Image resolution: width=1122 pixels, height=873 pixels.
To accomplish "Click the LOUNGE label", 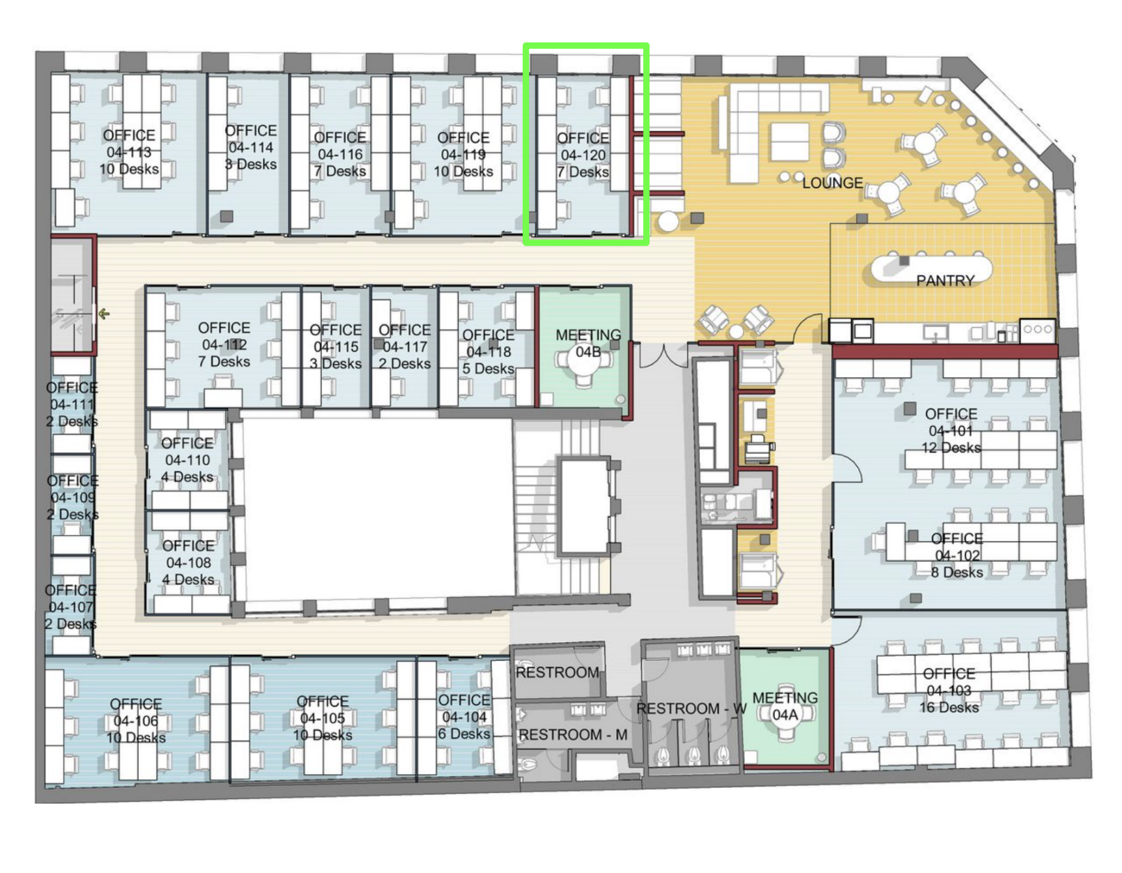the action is [x=831, y=183].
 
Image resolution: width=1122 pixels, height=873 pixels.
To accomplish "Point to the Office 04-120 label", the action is [x=583, y=155].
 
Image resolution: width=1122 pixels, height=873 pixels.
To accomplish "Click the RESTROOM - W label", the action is [x=691, y=708].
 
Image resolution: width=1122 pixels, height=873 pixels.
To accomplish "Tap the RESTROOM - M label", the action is [x=572, y=734].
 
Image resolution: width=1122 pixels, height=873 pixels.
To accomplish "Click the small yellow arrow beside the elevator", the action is [x=104, y=313].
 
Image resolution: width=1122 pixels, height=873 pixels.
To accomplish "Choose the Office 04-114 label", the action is [x=250, y=147].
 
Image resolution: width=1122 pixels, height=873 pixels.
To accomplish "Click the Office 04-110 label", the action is [x=187, y=460].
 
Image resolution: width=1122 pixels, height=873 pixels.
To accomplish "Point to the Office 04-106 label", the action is [x=136, y=720].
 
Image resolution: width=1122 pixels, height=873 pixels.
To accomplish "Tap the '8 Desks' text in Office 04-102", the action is [x=956, y=572].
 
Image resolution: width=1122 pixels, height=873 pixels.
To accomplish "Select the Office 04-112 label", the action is [x=224, y=344].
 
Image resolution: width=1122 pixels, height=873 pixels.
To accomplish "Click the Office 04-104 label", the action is [x=463, y=717].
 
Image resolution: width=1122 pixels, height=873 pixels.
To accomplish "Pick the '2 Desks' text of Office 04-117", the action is [x=404, y=363].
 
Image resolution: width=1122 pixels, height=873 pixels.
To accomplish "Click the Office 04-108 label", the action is [x=188, y=562].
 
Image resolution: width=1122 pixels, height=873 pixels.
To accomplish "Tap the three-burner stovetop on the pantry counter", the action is [x=1037, y=328].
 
